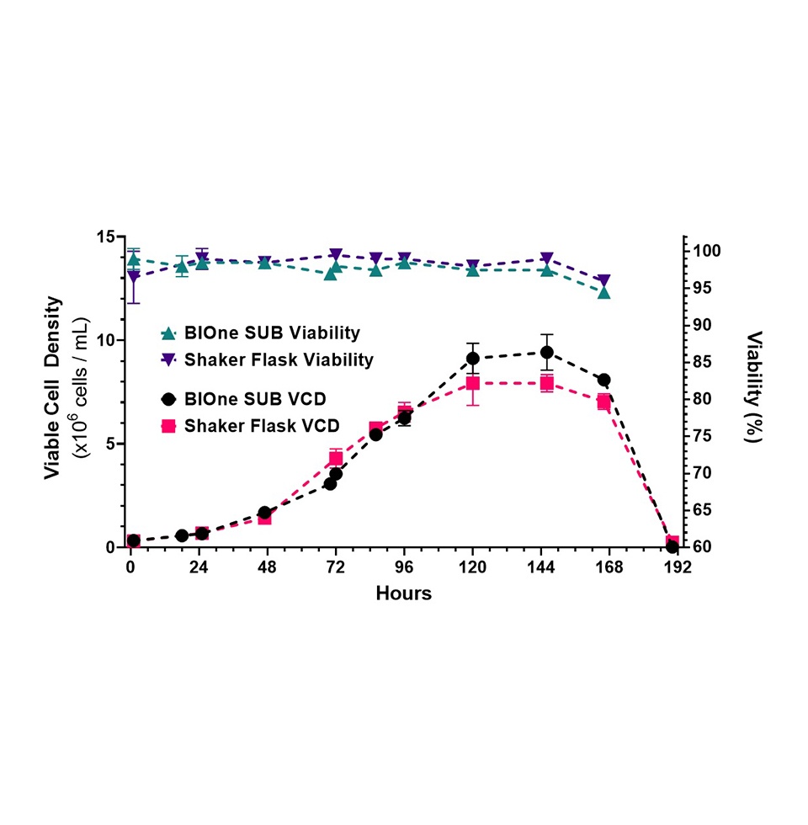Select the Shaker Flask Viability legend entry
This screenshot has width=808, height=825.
[x=268, y=359]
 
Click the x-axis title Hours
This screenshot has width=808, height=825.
[x=403, y=593]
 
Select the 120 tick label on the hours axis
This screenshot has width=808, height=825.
[x=473, y=567]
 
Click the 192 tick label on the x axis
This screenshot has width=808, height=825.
[x=678, y=567]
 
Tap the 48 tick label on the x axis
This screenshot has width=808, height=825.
[x=267, y=567]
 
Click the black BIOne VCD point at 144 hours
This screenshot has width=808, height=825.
[x=546, y=352]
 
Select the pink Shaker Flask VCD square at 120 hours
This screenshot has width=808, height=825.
[x=473, y=384]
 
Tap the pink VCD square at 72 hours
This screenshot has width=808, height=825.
[x=336, y=459]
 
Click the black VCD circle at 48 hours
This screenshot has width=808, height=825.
[x=264, y=513]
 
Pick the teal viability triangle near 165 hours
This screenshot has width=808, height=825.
[x=603, y=291]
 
